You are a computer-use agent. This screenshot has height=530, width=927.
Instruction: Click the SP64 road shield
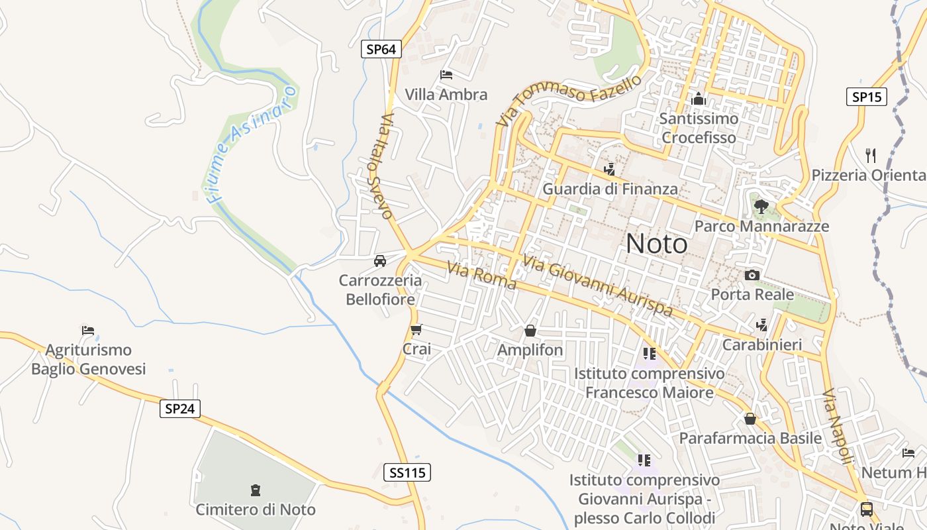(x=381, y=49)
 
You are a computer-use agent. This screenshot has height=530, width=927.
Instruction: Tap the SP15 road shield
(x=867, y=97)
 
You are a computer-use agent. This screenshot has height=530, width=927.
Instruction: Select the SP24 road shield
(x=180, y=409)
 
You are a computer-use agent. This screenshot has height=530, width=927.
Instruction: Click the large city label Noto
(x=657, y=244)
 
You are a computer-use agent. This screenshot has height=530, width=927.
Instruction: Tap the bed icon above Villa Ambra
(x=446, y=75)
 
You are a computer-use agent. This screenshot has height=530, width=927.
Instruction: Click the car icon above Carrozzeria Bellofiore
(x=380, y=260)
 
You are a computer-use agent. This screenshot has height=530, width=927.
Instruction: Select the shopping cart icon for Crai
(x=416, y=329)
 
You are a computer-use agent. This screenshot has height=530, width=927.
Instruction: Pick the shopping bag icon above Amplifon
(x=530, y=331)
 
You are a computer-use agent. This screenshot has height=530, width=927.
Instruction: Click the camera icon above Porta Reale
(x=752, y=275)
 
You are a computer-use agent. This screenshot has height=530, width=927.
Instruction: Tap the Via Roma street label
(x=481, y=276)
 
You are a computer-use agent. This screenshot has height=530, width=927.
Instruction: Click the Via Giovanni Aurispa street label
(x=597, y=286)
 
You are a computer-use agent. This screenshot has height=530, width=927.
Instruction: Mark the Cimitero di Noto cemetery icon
(x=256, y=491)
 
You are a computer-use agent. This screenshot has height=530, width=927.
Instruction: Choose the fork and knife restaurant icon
(x=871, y=156)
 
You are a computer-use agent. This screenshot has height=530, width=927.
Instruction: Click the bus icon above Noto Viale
(x=866, y=509)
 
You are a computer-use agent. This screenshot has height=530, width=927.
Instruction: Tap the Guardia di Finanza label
(x=610, y=189)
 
